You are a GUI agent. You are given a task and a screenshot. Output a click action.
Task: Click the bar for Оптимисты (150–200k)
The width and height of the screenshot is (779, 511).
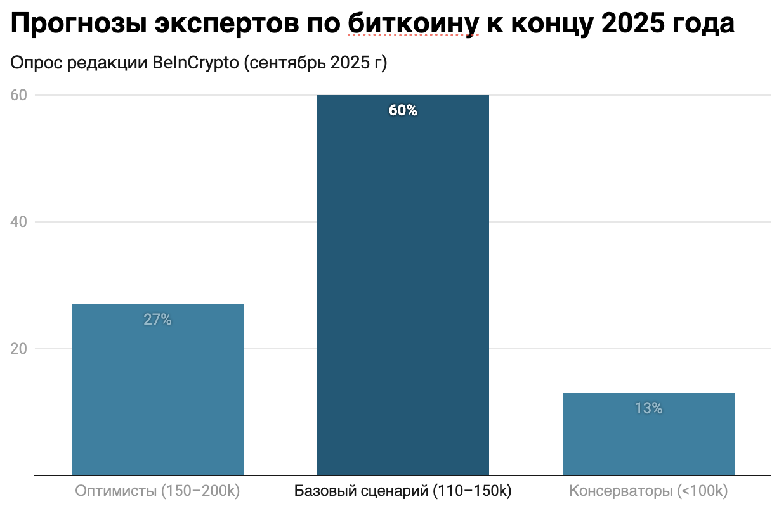157,389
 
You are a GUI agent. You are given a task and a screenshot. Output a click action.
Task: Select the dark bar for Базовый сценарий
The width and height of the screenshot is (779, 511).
403,285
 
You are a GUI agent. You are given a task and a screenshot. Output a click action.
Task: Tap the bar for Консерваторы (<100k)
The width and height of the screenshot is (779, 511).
648,434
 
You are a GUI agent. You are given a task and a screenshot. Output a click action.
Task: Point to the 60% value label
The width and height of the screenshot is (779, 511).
403,110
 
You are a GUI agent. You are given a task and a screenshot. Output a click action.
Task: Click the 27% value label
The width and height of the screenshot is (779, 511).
157,320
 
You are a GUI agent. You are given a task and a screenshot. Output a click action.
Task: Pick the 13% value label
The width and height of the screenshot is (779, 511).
648,408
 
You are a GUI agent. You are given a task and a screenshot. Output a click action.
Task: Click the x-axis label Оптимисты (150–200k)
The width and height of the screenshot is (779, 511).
157,491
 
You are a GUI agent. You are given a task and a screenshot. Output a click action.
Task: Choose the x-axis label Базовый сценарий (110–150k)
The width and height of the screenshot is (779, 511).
403,491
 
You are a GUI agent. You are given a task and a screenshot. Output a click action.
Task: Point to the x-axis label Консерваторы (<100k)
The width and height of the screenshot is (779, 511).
648,491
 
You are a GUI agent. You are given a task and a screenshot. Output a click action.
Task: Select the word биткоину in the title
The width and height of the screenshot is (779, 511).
412,24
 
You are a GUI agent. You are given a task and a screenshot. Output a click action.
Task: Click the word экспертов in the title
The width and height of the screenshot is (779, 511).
220,24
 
